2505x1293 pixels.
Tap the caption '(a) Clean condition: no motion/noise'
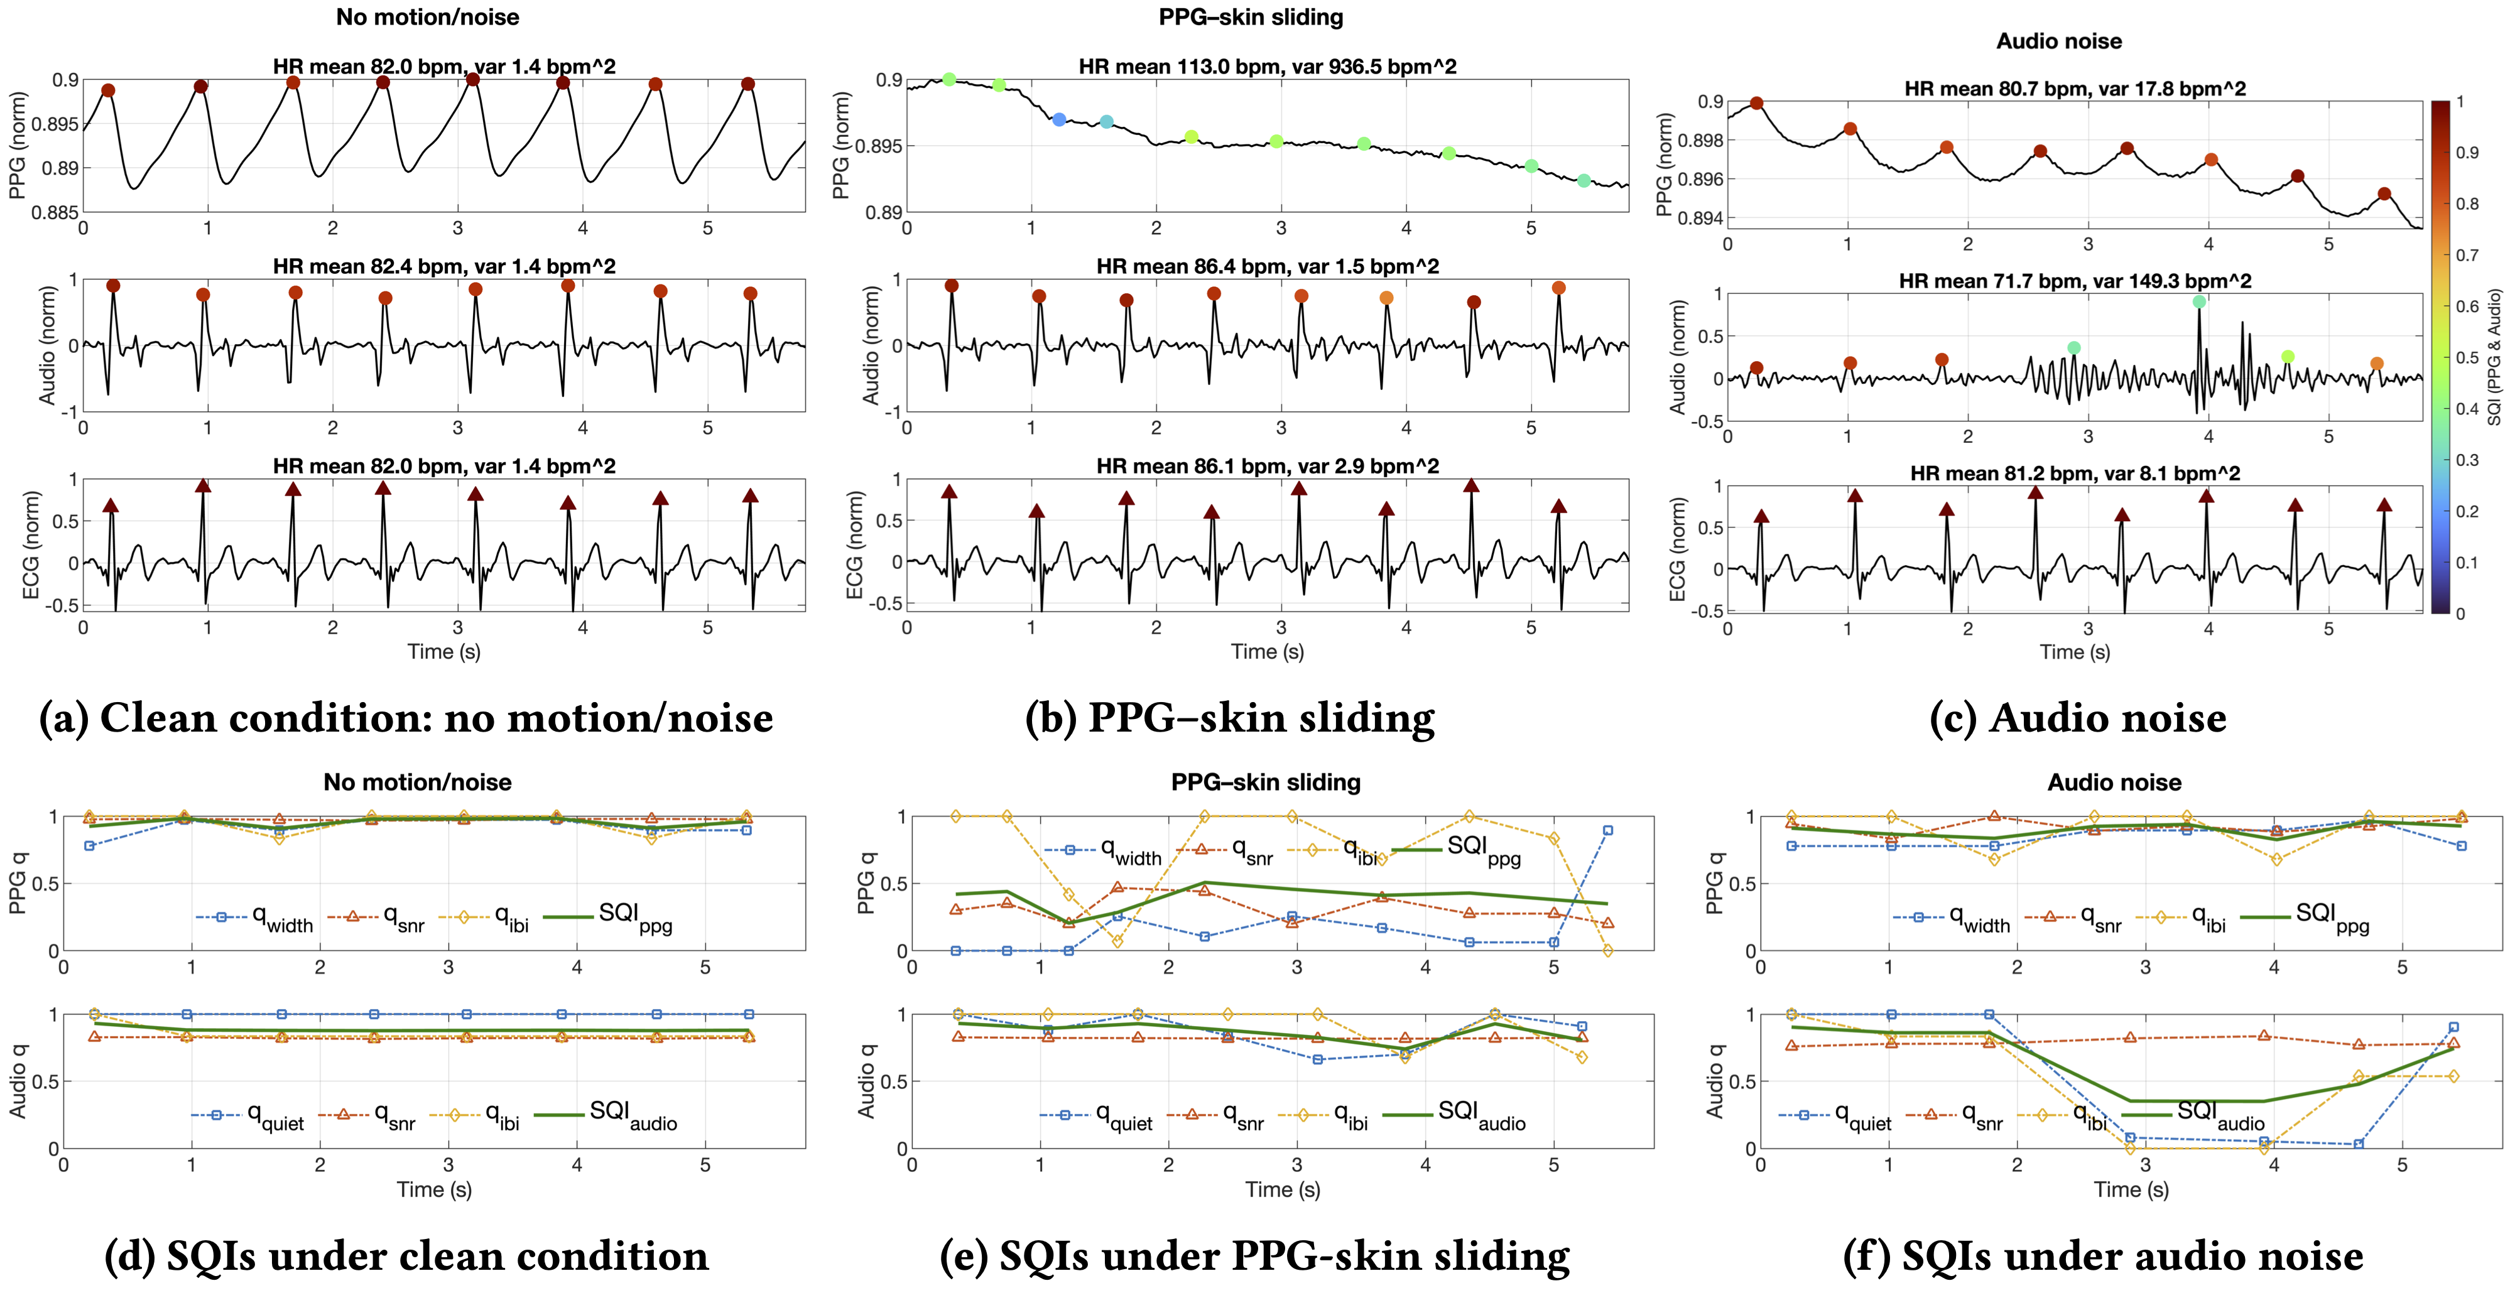click(406, 718)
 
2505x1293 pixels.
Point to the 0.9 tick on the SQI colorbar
click(2468, 153)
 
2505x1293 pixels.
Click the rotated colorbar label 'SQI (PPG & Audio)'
click(2493, 357)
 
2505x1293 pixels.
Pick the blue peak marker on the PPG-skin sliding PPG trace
click(1059, 119)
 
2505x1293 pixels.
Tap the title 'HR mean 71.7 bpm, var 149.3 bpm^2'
click(2074, 281)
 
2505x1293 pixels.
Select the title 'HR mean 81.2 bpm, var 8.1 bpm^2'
click(2074, 473)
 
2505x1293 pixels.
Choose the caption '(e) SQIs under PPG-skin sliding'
click(1254, 1256)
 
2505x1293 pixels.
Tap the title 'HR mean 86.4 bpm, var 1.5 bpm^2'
click(1267, 266)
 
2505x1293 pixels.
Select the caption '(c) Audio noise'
click(2078, 718)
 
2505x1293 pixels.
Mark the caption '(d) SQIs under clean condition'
click(406, 1256)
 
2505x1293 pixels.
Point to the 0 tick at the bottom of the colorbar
click(2460, 614)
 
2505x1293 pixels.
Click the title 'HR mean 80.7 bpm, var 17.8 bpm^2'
click(2074, 89)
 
